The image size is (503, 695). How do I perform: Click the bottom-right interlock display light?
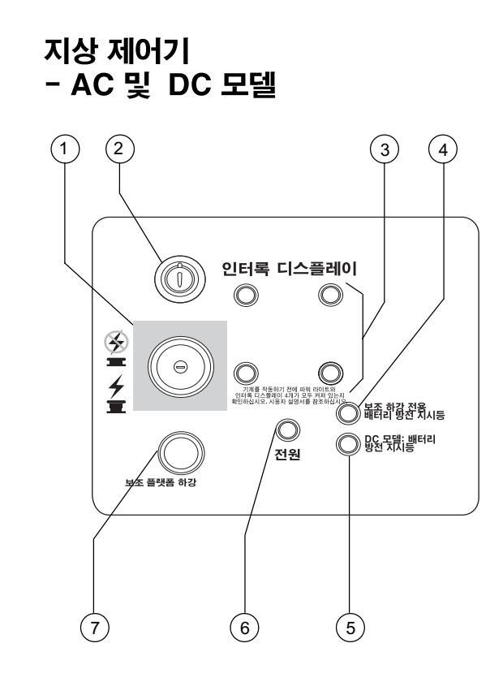pos(328,372)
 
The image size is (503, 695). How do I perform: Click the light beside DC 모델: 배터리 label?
pos(347,443)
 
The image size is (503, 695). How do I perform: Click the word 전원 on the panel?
pos(286,453)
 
